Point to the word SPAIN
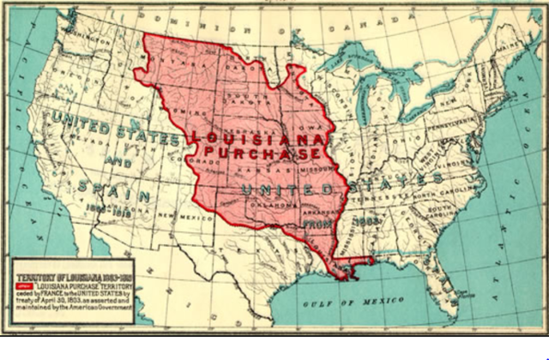tap(112, 185)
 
